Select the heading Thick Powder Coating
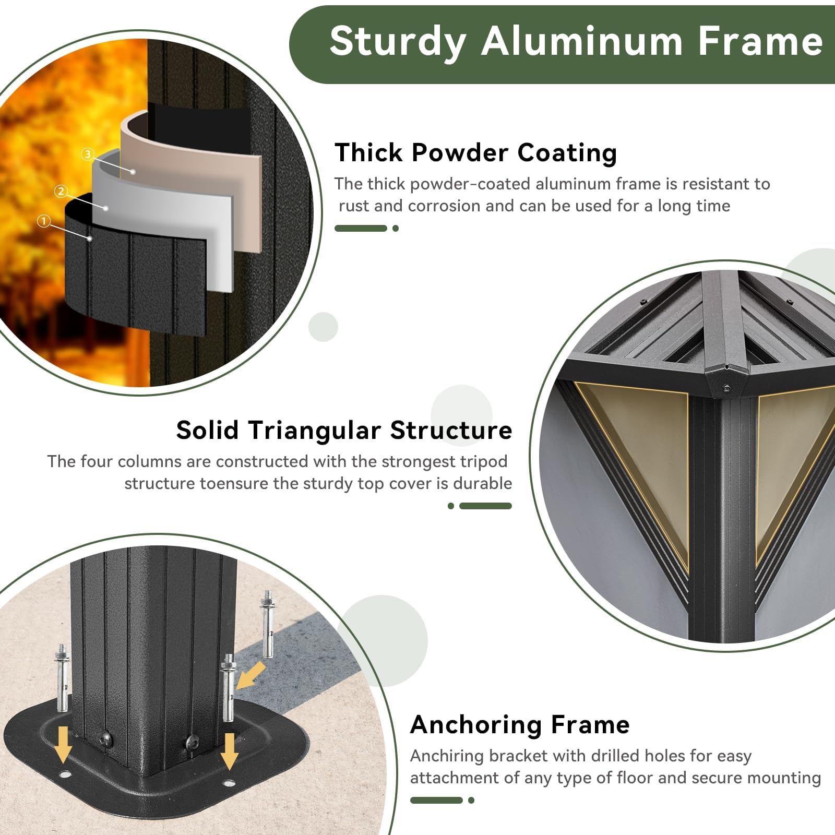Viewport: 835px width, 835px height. [x=476, y=153]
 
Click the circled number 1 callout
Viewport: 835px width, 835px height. [x=44, y=221]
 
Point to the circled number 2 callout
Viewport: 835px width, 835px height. [x=61, y=191]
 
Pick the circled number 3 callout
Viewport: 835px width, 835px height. [x=88, y=153]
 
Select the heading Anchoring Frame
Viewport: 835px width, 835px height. [x=520, y=725]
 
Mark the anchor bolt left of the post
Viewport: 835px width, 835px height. [x=62, y=678]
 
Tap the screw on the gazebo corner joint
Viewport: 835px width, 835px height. [x=726, y=388]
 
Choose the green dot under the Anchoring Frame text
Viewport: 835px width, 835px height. [x=471, y=800]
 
